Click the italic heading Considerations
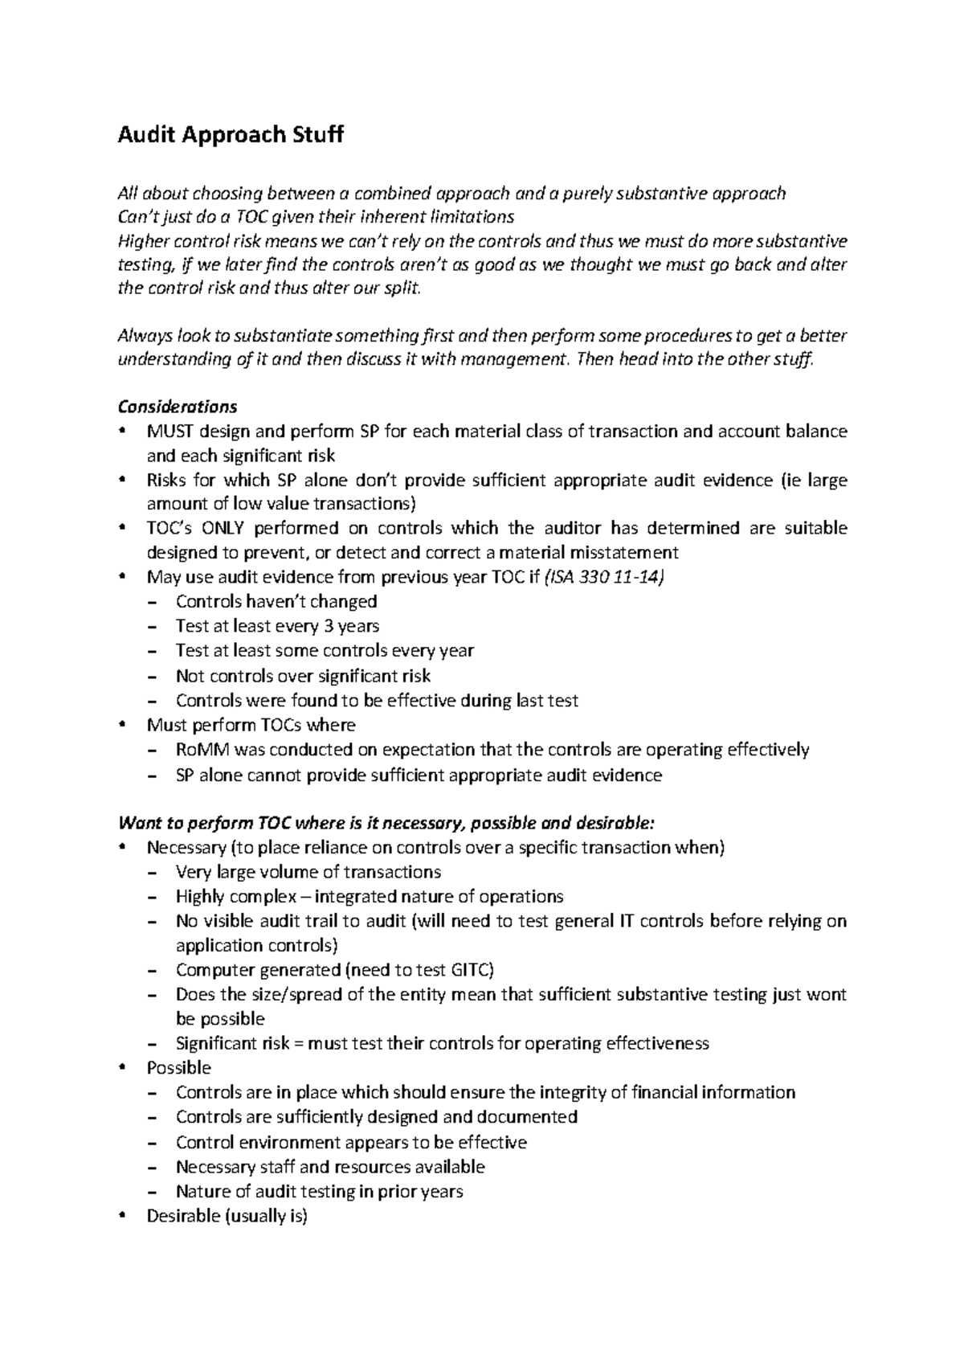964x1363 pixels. [177, 406]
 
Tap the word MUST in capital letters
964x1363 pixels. [167, 431]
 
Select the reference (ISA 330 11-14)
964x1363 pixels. [603, 577]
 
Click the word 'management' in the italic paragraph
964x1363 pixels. [509, 359]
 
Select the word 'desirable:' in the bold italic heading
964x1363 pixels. [616, 823]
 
